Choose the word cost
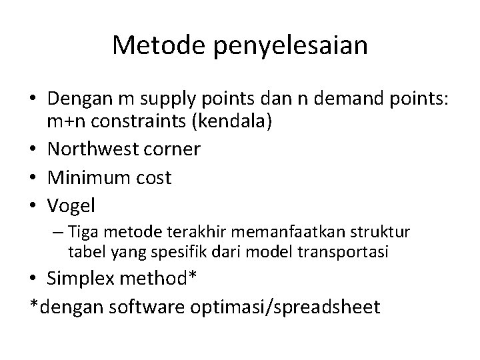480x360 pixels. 155,178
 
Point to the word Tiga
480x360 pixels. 82,233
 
